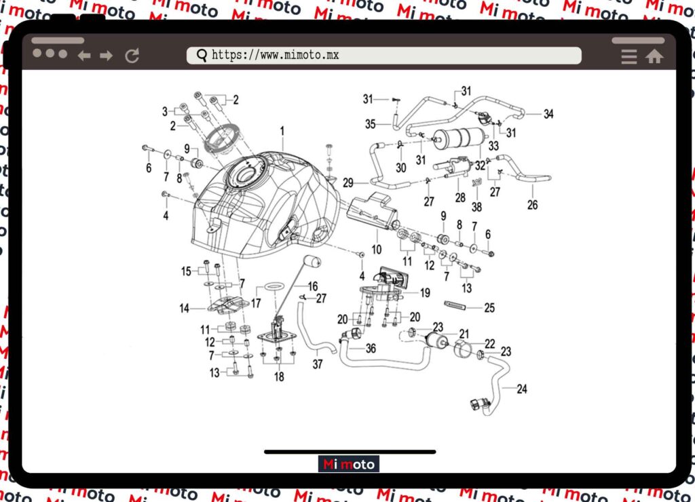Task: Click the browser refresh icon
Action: pos(132,56)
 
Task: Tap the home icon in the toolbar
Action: pos(654,56)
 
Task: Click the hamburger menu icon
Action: pos(629,56)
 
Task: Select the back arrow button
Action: pos(84,56)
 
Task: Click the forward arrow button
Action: pos(107,56)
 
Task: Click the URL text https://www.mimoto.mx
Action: pos(275,56)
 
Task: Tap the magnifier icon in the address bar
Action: pos(202,56)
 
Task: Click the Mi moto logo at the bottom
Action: pos(349,465)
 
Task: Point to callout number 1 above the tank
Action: pos(282,130)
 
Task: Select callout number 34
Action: pos(548,114)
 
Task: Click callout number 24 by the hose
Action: pos(521,389)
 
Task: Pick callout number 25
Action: pos(489,308)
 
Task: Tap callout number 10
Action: pos(376,250)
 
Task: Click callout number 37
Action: pos(318,364)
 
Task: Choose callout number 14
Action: pos(184,309)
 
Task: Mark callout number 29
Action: pos(348,182)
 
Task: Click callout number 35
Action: pos(370,123)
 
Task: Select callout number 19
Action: pos(425,293)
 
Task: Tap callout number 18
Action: pos(279,377)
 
